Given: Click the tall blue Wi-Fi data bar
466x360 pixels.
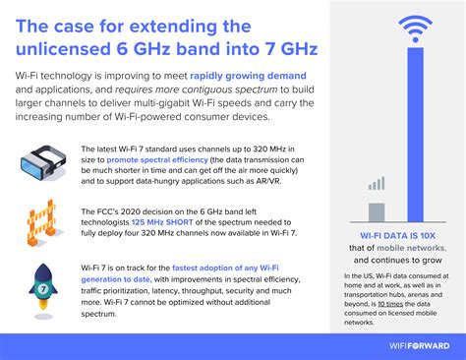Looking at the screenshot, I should point(402,148).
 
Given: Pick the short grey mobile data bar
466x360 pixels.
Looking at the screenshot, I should point(376,212).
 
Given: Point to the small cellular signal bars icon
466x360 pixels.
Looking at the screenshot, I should point(376,184).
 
